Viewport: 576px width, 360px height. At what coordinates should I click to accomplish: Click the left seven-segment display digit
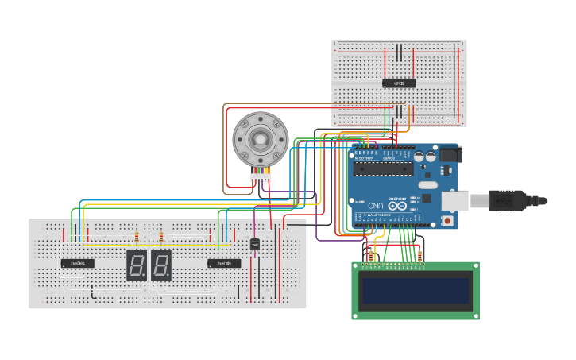tap(136, 265)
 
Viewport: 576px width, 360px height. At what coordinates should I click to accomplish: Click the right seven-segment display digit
tap(161, 265)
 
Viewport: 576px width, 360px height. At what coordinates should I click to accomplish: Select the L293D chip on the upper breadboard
tap(399, 83)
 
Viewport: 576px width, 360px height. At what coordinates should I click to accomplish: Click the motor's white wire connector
tap(261, 177)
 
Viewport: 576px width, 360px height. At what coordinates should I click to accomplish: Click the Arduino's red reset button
tap(447, 220)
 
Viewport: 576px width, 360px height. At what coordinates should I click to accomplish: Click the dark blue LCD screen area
tap(416, 291)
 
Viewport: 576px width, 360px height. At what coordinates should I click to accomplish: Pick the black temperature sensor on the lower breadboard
tap(255, 244)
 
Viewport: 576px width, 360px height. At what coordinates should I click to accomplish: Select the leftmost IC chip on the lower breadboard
tap(78, 263)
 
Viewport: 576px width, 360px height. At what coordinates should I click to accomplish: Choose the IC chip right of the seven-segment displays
tap(224, 263)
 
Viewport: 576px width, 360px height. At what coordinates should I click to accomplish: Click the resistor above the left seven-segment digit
tap(137, 236)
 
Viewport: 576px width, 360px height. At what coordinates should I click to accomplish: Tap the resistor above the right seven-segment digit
tap(161, 236)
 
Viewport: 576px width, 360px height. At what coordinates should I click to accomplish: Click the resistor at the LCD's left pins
tap(370, 255)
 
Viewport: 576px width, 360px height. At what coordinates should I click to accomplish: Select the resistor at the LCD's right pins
tap(419, 255)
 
